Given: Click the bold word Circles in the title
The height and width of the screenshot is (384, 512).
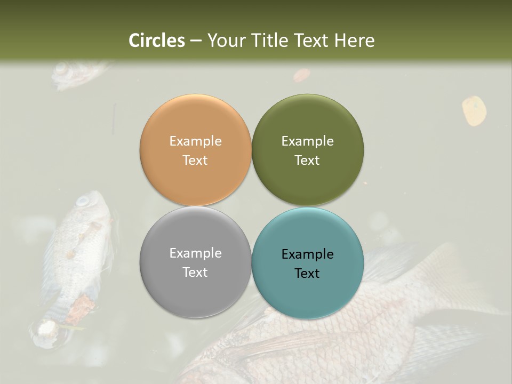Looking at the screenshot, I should [x=157, y=41].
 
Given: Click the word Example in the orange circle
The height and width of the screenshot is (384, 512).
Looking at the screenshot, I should [x=195, y=141].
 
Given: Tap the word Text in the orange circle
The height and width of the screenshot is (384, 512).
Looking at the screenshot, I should [x=195, y=161].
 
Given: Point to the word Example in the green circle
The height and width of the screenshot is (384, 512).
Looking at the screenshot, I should [x=307, y=141].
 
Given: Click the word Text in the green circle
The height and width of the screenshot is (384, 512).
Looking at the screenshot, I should [x=307, y=161].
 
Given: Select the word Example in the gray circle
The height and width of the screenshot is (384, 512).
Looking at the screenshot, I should [x=195, y=253].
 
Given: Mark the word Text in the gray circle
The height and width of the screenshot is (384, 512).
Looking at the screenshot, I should [x=195, y=273].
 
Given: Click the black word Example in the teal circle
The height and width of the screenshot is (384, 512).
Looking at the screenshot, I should [x=307, y=254].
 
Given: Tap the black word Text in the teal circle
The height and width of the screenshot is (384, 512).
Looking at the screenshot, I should [x=307, y=274].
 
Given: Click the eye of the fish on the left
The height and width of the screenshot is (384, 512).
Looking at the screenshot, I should [x=83, y=202].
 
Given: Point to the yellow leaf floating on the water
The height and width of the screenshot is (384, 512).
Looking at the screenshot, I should [x=474, y=110].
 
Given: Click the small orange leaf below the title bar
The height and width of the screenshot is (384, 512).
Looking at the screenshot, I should [x=301, y=75].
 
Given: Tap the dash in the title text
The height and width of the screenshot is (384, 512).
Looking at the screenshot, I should [x=196, y=41].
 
